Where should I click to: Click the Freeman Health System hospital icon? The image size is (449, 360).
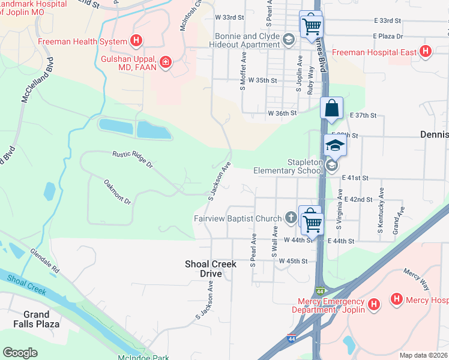coord(137,41)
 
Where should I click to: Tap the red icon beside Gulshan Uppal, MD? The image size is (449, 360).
coord(165,62)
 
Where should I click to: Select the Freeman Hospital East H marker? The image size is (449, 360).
coord(426,52)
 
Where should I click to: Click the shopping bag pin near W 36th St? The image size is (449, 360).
coord(331,109)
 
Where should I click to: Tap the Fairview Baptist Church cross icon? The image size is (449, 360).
coord(291,218)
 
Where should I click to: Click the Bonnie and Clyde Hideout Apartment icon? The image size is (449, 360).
coord(289,40)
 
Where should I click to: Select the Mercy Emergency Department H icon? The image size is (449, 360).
coord(374,305)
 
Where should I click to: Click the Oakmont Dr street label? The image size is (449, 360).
coord(117,191)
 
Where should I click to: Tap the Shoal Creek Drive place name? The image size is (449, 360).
coord(210,269)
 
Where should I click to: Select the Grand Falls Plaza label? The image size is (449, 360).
coord(41,319)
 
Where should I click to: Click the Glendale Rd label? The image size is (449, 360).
coord(46,262)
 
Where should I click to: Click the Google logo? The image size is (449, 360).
coord(20,353)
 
